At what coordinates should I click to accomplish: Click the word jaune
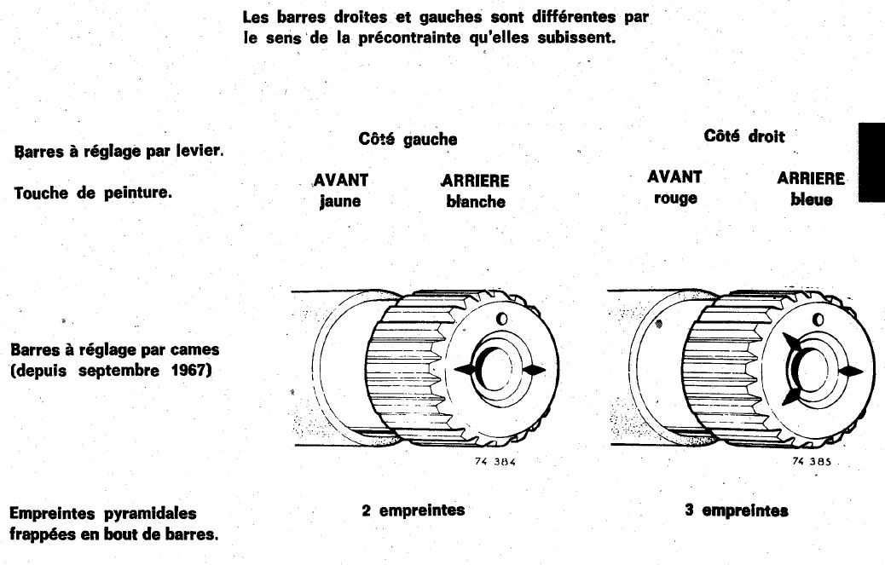click(340, 202)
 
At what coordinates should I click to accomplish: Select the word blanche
click(475, 202)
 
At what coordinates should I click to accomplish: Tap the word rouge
click(675, 199)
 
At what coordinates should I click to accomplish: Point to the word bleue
click(811, 200)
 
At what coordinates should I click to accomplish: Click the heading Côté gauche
click(408, 139)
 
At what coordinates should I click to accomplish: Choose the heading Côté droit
click(744, 136)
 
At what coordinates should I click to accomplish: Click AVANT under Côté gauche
click(340, 181)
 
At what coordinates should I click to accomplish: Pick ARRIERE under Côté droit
click(811, 179)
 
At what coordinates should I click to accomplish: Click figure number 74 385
click(811, 460)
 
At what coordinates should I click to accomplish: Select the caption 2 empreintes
click(413, 510)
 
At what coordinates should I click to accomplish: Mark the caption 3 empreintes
click(737, 510)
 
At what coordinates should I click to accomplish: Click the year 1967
click(187, 371)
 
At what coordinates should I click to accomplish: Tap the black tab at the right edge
click(871, 162)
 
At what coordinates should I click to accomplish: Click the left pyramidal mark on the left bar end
click(466, 369)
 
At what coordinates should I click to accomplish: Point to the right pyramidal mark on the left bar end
click(532, 369)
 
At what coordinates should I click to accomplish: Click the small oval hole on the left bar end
click(501, 318)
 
